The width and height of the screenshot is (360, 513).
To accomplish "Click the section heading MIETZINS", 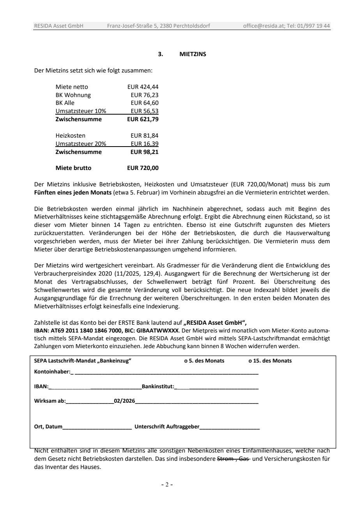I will point(192,54).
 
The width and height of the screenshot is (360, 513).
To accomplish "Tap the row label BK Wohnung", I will point(73,95).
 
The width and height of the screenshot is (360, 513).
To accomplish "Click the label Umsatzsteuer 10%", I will point(81,111).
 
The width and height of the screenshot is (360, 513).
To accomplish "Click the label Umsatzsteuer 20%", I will point(81,144).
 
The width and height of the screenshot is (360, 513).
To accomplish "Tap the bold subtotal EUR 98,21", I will point(145,152).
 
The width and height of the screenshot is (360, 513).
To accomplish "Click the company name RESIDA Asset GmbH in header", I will point(59,26).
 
